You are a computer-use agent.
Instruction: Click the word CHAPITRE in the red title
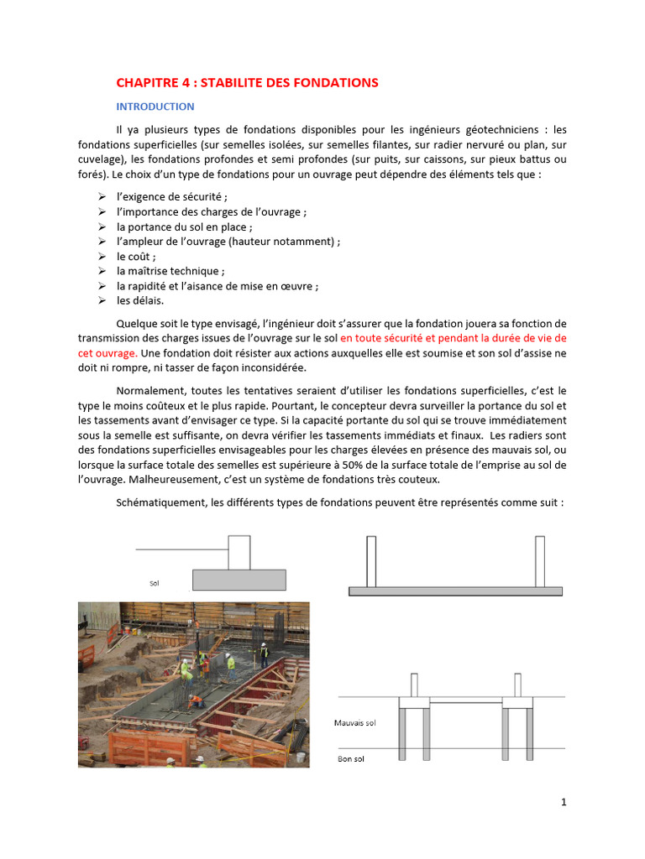pyautogui.click(x=144, y=82)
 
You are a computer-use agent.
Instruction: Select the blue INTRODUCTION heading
pyautogui.click(x=155, y=107)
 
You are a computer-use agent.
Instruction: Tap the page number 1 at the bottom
pyautogui.click(x=564, y=802)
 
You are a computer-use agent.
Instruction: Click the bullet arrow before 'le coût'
pyautogui.click(x=100, y=257)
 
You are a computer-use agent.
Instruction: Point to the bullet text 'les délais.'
pyautogui.click(x=140, y=300)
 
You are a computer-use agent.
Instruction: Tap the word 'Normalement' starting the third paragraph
pyautogui.click(x=150, y=391)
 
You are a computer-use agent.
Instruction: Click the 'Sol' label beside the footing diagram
pyautogui.click(x=155, y=581)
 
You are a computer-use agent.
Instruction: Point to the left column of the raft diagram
pyautogui.click(x=371, y=560)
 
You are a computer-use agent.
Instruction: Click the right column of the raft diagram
pyautogui.click(x=540, y=560)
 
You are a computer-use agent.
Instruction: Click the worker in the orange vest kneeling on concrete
pyautogui.click(x=195, y=698)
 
